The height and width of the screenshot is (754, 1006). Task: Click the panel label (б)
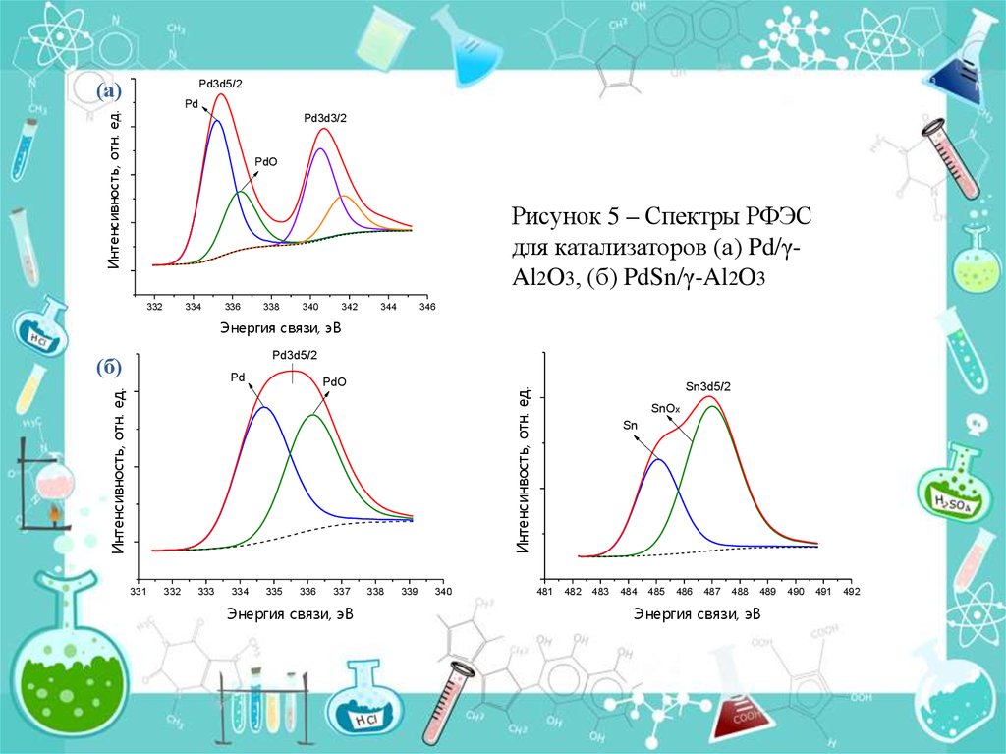(108, 368)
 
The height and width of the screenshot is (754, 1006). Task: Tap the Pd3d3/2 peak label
(325, 118)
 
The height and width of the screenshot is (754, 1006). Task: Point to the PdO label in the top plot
(265, 162)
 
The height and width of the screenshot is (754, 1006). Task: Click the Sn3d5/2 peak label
(707, 386)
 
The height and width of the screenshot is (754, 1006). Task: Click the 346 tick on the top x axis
(426, 307)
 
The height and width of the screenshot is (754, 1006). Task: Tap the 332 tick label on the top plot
(154, 307)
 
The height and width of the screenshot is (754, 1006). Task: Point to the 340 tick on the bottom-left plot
(443, 591)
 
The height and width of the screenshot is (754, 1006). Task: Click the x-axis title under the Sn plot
(697, 614)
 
